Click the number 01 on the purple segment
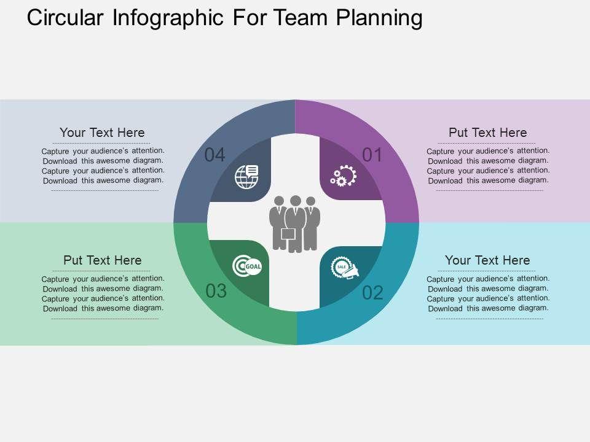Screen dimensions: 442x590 [372, 155]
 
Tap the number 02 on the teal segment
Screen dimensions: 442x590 [372, 293]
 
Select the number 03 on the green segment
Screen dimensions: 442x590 [216, 291]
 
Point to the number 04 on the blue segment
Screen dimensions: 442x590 [214, 155]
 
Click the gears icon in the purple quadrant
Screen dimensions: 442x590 [343, 176]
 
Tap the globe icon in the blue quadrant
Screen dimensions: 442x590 [246, 176]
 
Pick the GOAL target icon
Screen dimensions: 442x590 [247, 266]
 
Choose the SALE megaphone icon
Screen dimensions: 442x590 [344, 268]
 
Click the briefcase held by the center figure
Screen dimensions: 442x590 [288, 234]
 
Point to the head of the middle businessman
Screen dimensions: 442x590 [296, 201]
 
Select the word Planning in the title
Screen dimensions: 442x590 [379, 18]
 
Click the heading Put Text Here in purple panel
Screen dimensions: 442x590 [487, 133]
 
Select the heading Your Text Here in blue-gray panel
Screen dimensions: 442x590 [102, 133]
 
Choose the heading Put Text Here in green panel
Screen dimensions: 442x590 [102, 260]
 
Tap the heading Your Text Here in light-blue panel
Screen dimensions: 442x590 [487, 260]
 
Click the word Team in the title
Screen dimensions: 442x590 [302, 18]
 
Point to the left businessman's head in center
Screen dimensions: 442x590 [279, 201]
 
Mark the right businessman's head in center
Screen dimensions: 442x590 [310, 201]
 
